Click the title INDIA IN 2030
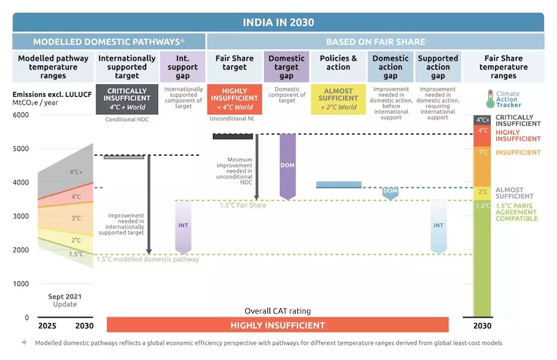[278, 22]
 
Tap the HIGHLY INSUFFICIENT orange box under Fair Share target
[234, 99]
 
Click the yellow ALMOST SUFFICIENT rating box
[338, 99]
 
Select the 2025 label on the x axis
[47, 325]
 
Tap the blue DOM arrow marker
[390, 191]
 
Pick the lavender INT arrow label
[183, 226]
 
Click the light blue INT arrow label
[439, 226]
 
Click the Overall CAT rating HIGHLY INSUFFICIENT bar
[278, 325]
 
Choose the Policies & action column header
[338, 63]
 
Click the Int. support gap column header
[183, 63]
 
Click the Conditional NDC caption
[126, 119]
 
